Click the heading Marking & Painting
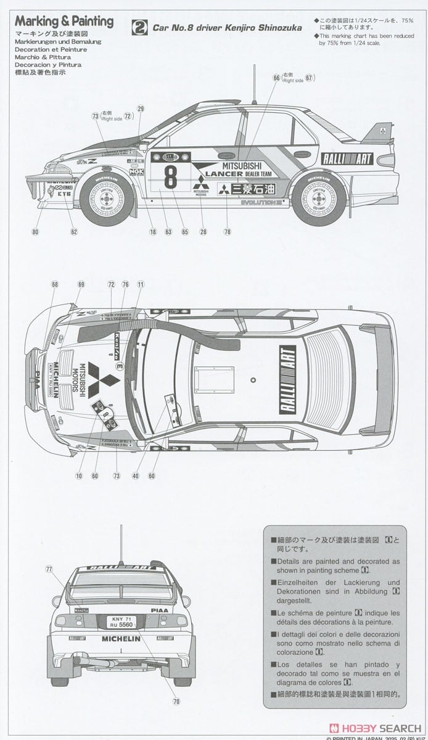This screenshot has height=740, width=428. tap(64, 22)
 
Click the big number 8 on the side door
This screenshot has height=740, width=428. tap(170, 176)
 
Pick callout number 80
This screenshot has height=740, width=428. tap(35, 232)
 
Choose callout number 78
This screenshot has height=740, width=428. tap(228, 232)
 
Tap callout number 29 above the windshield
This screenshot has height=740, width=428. tap(141, 109)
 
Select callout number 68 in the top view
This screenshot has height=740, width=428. tap(55, 284)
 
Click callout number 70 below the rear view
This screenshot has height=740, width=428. tap(176, 701)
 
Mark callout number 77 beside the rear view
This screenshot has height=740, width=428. tap(50, 570)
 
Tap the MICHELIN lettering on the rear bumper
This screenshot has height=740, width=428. tap(121, 639)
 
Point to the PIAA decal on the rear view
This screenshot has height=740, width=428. tap(159, 610)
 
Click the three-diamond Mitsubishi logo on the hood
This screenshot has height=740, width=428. tap(97, 379)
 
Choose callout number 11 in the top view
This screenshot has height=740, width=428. tap(141, 284)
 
